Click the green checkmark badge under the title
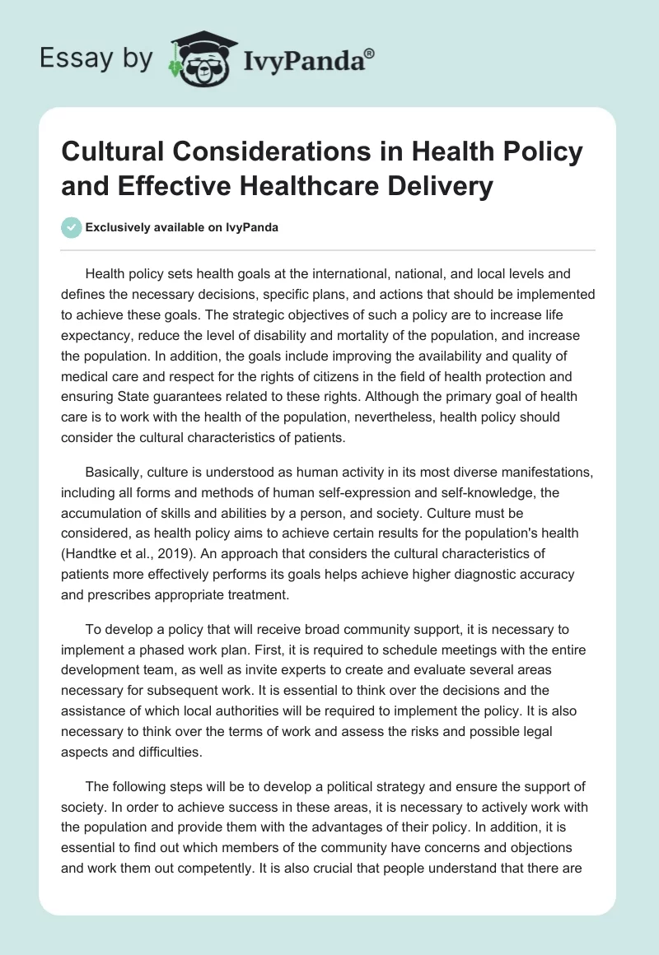click(x=71, y=227)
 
